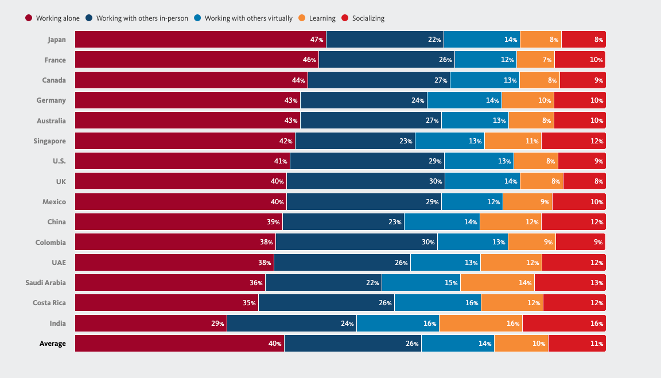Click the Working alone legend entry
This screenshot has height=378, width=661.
(52, 18)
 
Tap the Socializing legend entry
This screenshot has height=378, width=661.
(363, 18)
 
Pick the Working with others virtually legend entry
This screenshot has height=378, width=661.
(244, 18)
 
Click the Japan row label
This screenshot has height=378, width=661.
(57, 40)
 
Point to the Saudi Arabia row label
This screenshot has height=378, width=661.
(45, 283)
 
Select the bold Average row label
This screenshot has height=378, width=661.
(52, 344)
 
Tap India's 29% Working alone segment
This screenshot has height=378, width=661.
(151, 323)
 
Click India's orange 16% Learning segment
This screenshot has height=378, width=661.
(481, 323)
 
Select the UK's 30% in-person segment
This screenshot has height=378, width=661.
(366, 181)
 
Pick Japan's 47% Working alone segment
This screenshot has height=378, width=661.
(200, 40)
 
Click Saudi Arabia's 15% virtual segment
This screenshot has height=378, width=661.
(421, 283)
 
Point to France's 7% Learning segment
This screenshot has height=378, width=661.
(535, 60)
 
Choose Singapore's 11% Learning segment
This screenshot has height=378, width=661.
(513, 141)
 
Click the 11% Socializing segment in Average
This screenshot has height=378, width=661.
(577, 344)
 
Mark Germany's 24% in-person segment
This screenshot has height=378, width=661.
(364, 100)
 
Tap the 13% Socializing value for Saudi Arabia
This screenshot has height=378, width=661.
(597, 283)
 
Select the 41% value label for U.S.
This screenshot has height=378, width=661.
(281, 161)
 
